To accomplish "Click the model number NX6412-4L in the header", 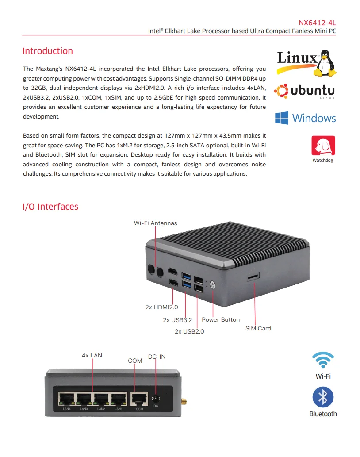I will click(317, 23).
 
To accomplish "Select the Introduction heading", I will click(47, 51).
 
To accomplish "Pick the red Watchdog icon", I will click(323, 146).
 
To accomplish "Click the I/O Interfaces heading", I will click(50, 207).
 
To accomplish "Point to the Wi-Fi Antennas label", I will click(155, 223).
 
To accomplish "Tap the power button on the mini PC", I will click(213, 284).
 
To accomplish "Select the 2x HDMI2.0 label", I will click(161, 307).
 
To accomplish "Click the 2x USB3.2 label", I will click(177, 320).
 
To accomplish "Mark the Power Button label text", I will click(221, 319).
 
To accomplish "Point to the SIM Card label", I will click(258, 328).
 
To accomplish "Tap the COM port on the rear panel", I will click(139, 399).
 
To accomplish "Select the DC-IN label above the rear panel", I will click(157, 357).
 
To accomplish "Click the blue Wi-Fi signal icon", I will click(323, 361).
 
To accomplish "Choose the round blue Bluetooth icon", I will click(323, 397).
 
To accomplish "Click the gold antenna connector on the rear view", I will click(183, 402).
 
